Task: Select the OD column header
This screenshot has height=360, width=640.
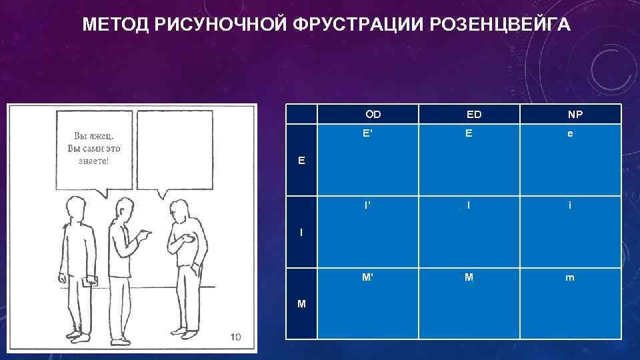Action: [373, 115]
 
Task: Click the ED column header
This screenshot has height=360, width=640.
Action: [474, 115]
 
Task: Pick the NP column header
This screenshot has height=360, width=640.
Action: [575, 115]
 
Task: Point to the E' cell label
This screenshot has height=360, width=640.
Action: [367, 133]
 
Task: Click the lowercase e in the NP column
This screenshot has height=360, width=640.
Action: [569, 133]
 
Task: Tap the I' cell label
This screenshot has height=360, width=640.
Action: [367, 205]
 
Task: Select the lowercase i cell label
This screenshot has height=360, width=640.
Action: [569, 205]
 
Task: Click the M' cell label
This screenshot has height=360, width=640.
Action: [367, 277]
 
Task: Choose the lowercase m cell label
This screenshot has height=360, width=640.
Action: [569, 278]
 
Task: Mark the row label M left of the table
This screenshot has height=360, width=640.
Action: [302, 304]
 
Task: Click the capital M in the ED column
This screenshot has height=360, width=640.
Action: [469, 277]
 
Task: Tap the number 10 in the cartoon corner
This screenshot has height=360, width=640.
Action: [235, 337]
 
